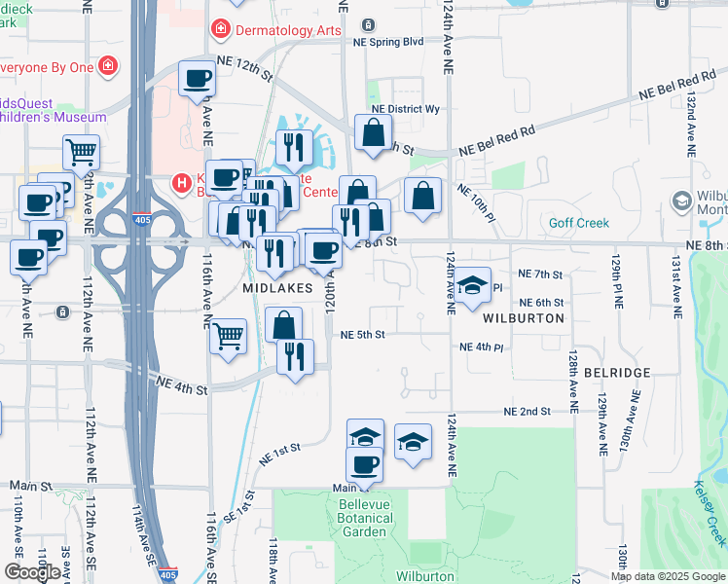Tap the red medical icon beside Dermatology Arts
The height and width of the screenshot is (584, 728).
click(221, 30)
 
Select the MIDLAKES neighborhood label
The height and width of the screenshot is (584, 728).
click(277, 288)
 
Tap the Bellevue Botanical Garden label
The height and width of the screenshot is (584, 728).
click(365, 518)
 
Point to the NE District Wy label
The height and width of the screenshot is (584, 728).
click(406, 109)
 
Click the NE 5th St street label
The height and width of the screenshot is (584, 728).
click(363, 335)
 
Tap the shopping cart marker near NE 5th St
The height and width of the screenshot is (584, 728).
click(228, 337)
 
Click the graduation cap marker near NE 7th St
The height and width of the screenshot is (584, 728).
click(472, 285)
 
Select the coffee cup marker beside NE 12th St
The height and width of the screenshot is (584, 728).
click(197, 78)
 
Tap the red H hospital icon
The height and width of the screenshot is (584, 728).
click(180, 181)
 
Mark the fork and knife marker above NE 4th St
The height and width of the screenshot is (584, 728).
click(295, 356)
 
